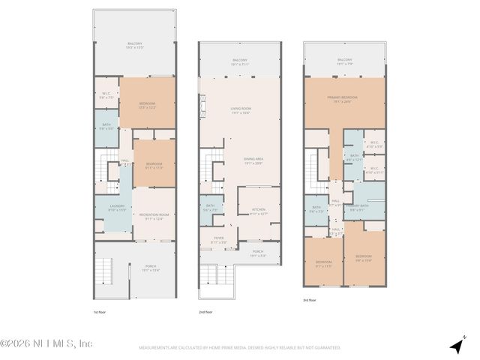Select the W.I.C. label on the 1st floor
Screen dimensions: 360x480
click(x=106, y=95)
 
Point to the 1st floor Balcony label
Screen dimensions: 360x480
click(x=134, y=46)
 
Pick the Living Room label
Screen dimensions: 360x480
click(x=240, y=111)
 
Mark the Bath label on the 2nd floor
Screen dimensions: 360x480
click(x=211, y=208)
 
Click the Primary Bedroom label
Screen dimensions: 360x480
click(x=344, y=98)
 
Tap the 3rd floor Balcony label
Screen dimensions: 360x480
click(x=344, y=61)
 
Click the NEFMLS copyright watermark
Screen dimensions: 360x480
click(x=46, y=343)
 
